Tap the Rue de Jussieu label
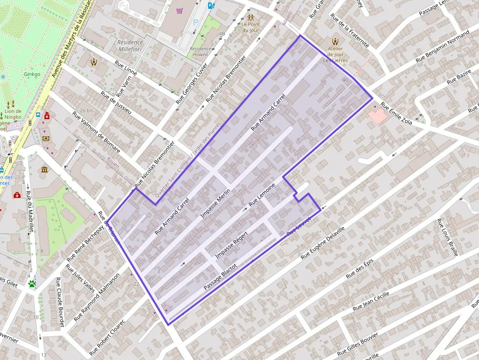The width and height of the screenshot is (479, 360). [x=116, y=103]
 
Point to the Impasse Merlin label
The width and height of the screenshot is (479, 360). [x=215, y=204]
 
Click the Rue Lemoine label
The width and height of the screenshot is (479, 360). [x=262, y=194]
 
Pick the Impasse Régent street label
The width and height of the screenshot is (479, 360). [x=232, y=244]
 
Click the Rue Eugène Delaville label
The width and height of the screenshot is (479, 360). [x=323, y=242]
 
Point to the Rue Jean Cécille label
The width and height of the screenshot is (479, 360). [x=371, y=301]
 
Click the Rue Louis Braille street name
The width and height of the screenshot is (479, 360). [x=447, y=237]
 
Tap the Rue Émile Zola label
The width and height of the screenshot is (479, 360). [x=396, y=113]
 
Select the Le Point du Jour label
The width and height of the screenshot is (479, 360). [x=250, y=27]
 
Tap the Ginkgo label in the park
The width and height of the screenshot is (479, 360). [x=31, y=75]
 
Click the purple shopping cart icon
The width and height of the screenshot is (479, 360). [x=180, y=10]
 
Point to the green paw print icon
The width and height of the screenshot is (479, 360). [x=32, y=283]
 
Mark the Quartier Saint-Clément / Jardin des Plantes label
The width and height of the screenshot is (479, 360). [x=188, y=159]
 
